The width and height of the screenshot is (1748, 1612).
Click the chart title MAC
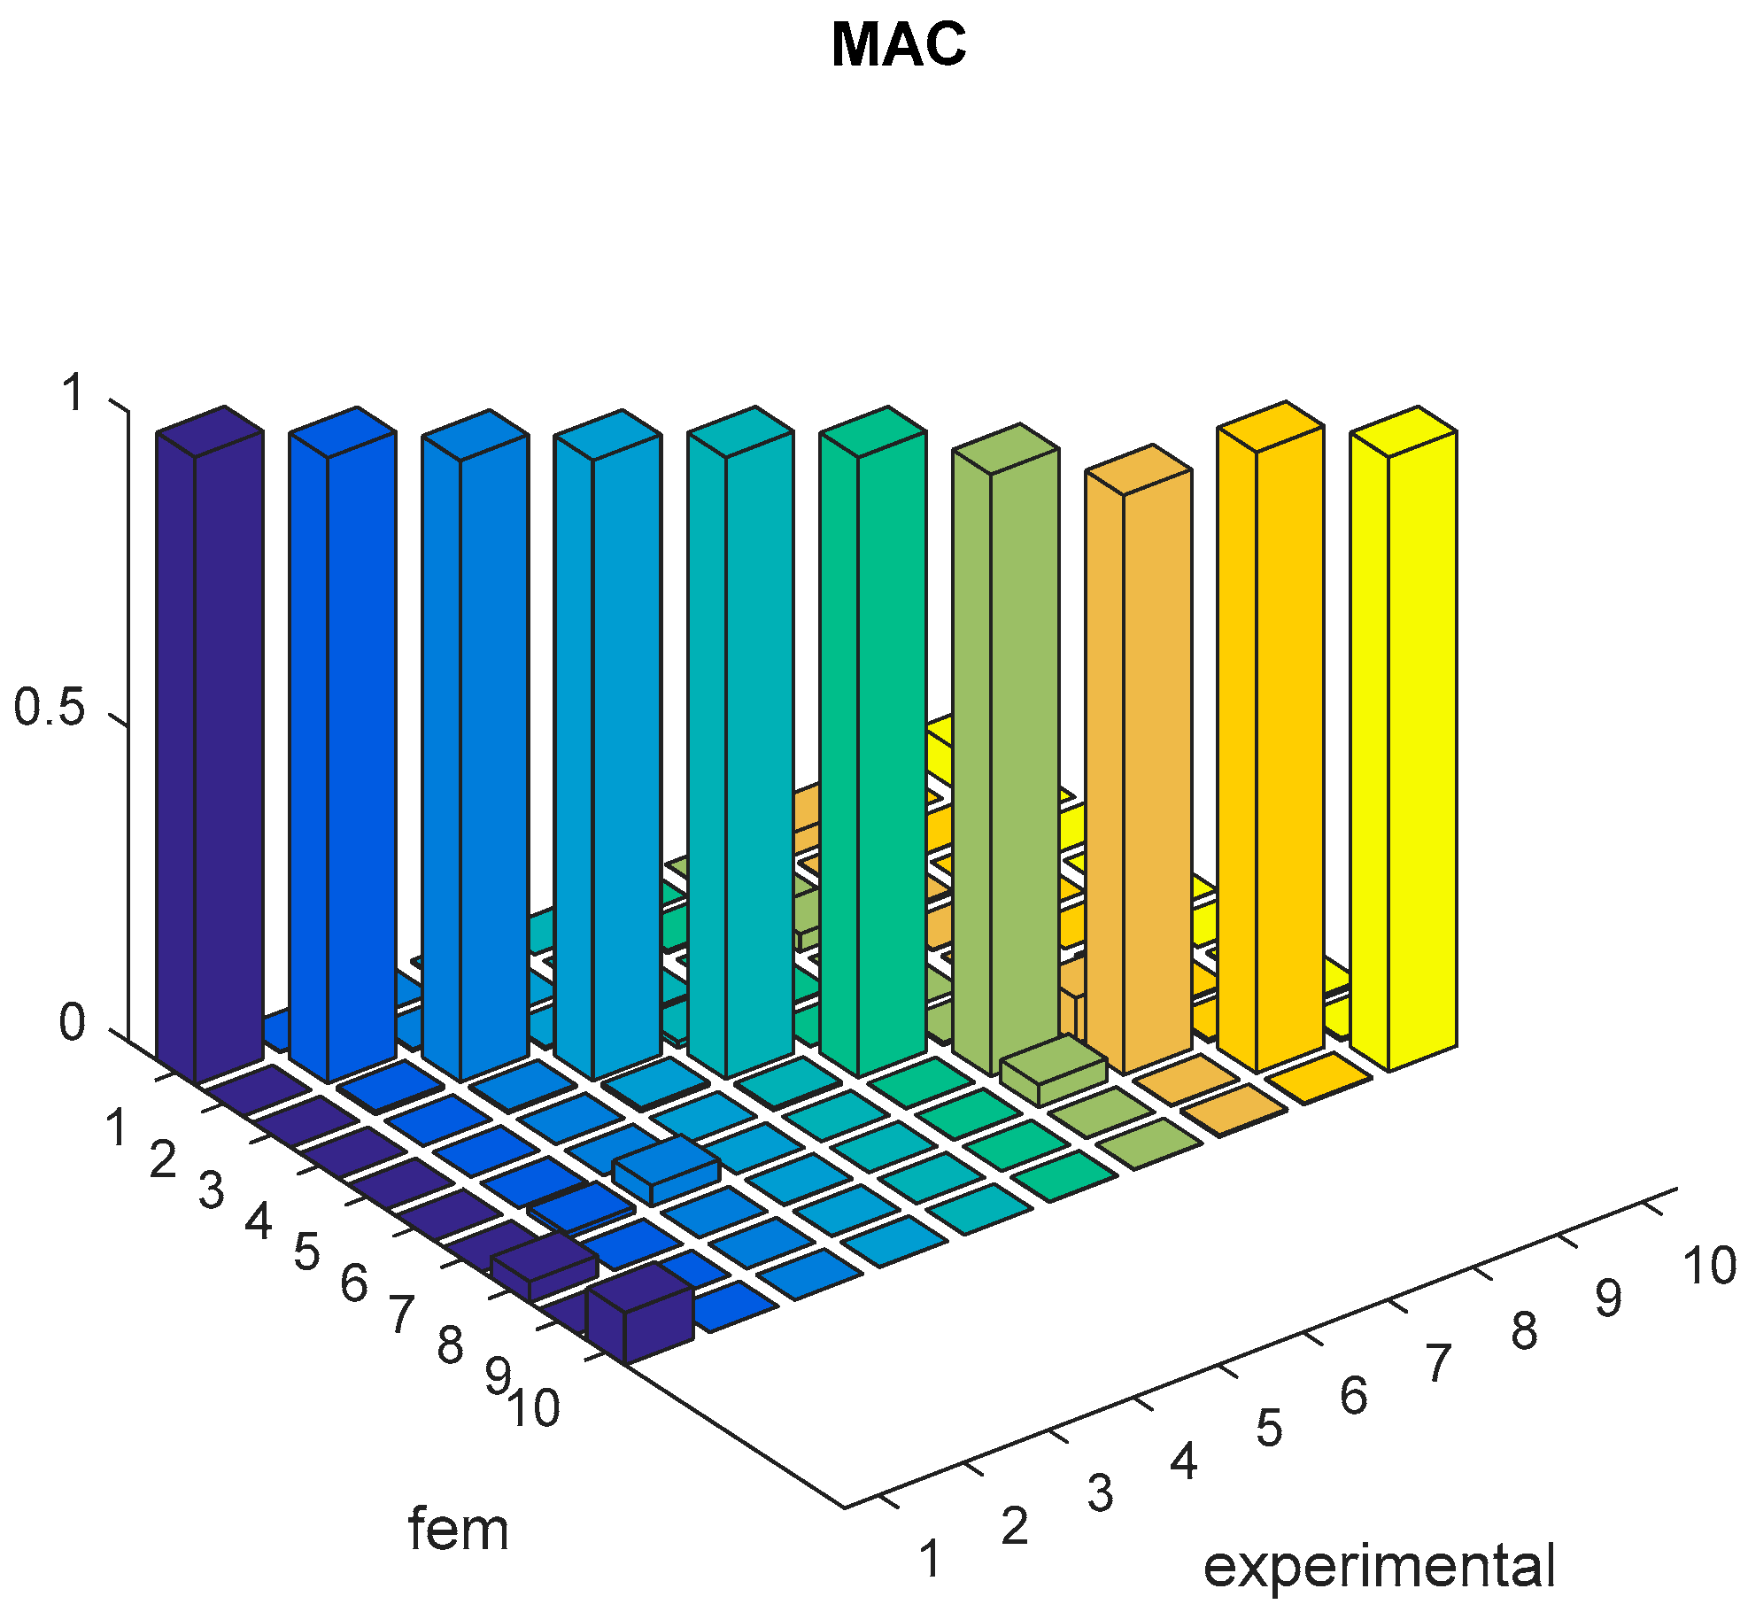coord(898,44)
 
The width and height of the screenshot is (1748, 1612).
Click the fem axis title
coord(459,1530)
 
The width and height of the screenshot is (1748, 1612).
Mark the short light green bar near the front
coord(1054,1071)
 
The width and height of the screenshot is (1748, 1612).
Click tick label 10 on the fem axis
coord(533,1408)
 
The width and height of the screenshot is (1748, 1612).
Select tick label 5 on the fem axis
coord(306,1252)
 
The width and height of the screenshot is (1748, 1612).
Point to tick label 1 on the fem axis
coord(116,1128)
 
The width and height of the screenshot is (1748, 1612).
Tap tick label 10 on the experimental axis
coord(1709,1266)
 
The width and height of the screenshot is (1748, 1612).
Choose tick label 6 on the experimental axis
coord(1353,1397)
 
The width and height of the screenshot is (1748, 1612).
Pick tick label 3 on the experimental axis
coord(1100,1493)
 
